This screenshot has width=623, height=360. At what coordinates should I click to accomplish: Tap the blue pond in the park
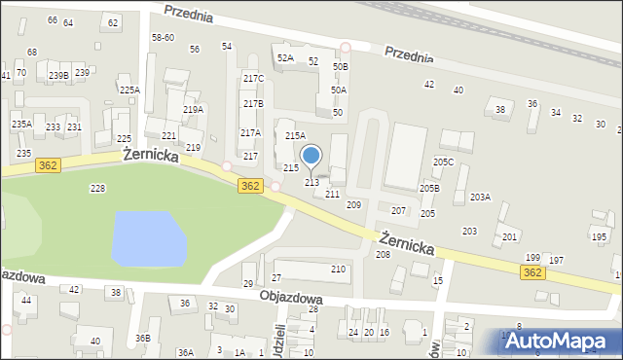[x=149, y=238]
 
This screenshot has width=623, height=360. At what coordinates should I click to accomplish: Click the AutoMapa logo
[x=561, y=341]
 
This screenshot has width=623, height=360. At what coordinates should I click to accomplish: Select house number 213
[x=312, y=182]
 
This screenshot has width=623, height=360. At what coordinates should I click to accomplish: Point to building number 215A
[x=295, y=136]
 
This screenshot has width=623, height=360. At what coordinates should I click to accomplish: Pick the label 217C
[x=253, y=78]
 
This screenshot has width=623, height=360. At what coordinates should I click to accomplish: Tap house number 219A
[x=193, y=110]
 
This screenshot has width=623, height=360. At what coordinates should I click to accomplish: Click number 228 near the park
[x=97, y=188]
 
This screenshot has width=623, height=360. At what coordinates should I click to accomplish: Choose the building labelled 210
[x=339, y=269]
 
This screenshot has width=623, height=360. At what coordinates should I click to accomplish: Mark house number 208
[x=383, y=254]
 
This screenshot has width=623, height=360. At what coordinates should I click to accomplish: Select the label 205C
[x=444, y=162]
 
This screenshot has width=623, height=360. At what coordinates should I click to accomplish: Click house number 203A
[x=480, y=197]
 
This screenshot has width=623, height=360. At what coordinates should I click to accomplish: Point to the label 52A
[x=285, y=58]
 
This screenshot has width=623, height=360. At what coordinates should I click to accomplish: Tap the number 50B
[x=340, y=66]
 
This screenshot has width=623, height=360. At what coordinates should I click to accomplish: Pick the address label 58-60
[x=163, y=37]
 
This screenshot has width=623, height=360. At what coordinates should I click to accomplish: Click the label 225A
[x=129, y=90]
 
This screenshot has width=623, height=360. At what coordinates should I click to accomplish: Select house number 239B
[x=58, y=75]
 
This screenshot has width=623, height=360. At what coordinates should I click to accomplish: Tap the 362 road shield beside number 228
[x=48, y=165]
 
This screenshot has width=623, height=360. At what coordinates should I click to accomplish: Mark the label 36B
[x=142, y=338]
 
